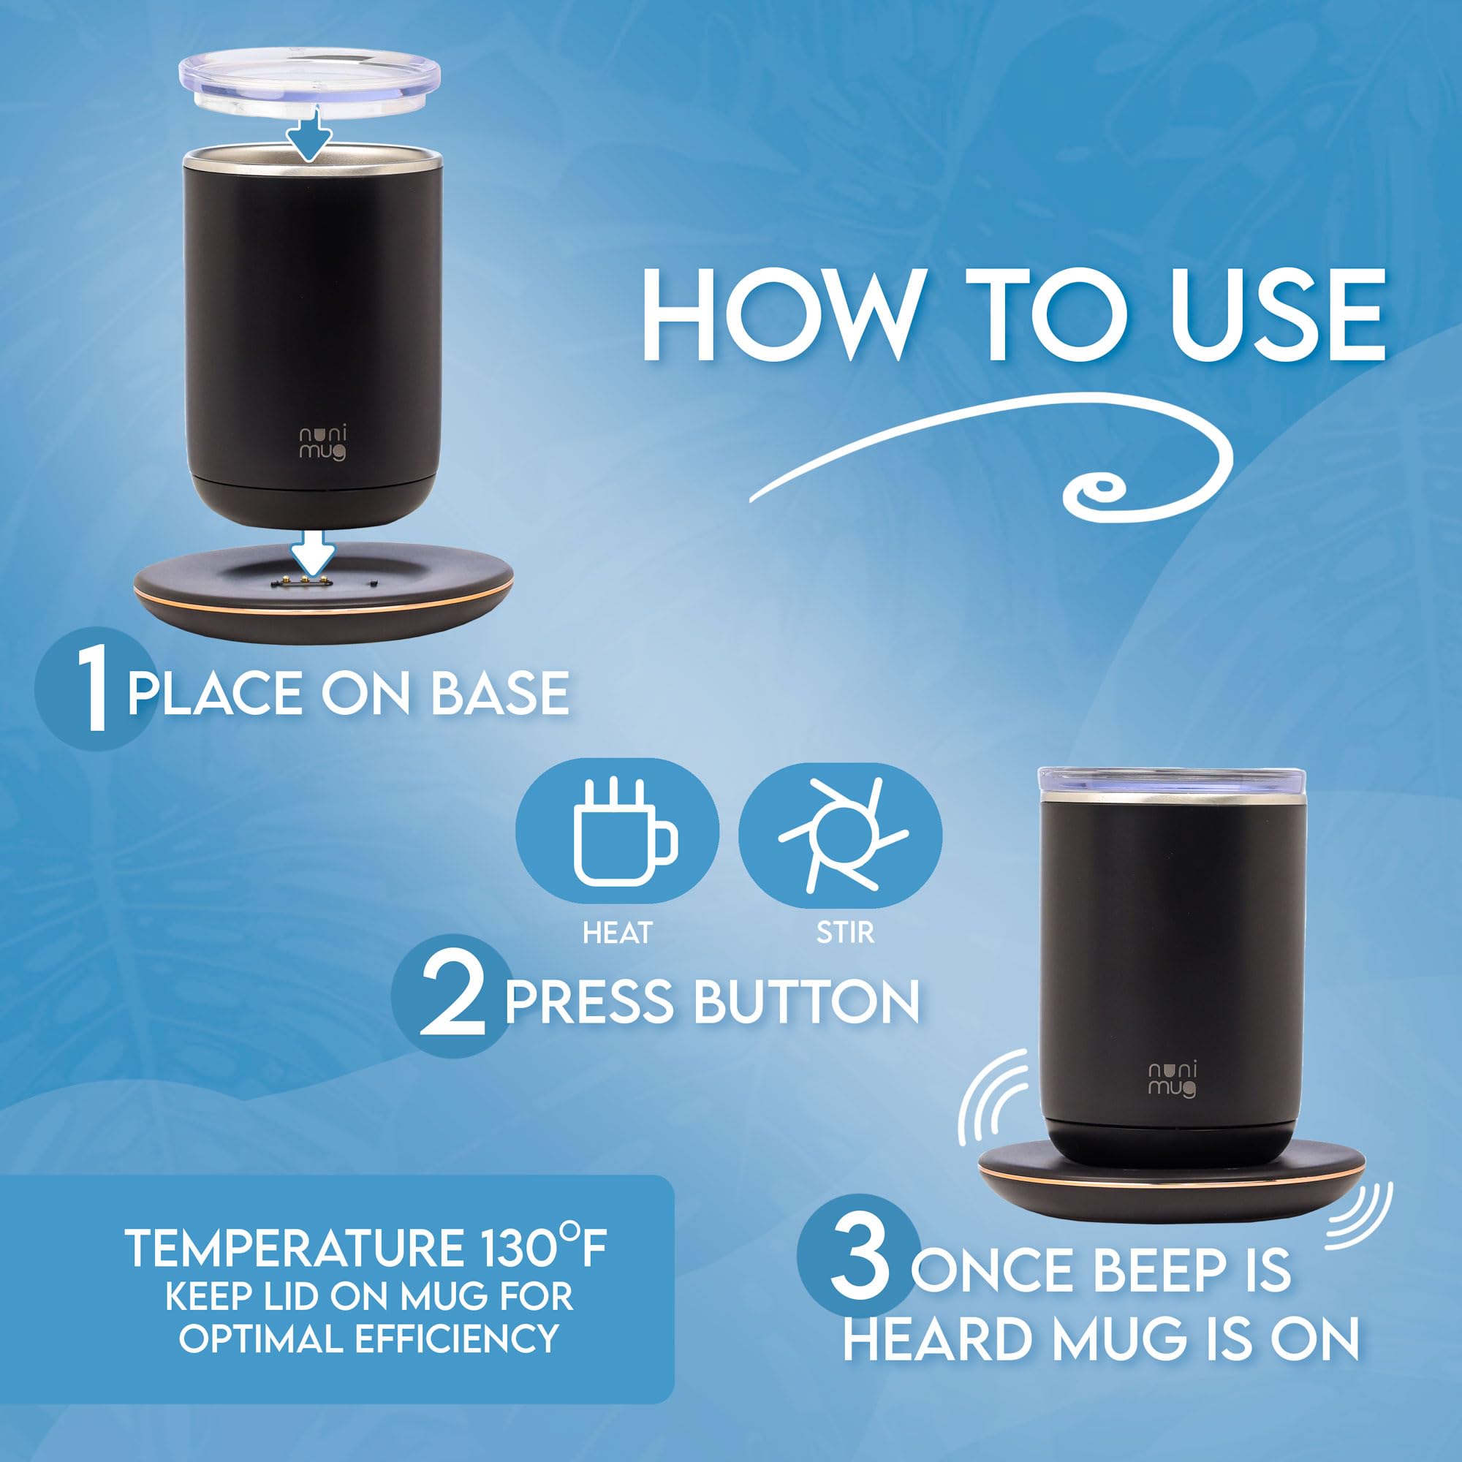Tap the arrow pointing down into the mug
click(310, 133)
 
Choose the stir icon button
click(841, 835)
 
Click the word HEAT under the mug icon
click(617, 933)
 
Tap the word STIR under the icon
click(845, 933)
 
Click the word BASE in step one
click(501, 693)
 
